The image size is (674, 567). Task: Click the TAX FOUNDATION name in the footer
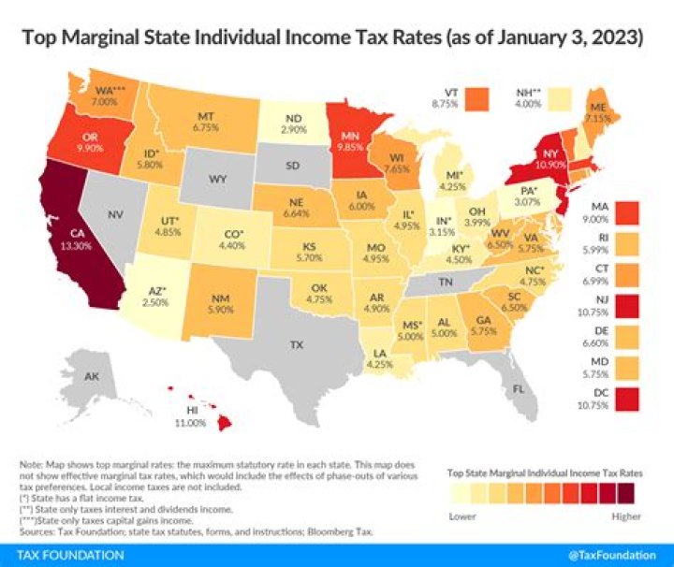63,555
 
